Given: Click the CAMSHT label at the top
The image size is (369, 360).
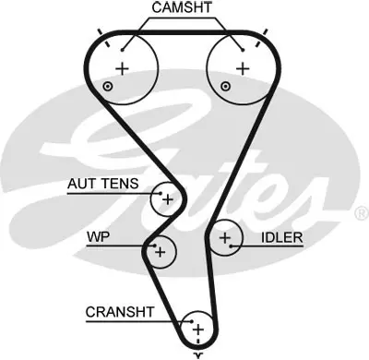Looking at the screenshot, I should [182, 8].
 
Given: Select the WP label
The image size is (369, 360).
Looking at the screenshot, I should [97, 236].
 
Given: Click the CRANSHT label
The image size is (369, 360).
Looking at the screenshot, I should [117, 311].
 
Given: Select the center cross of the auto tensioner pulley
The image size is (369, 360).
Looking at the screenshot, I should [167, 198].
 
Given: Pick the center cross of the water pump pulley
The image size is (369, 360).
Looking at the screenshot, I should [161, 250].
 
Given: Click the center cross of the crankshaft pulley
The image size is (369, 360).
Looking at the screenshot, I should [196, 329].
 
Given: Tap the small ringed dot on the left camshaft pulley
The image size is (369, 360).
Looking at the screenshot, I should [109, 87].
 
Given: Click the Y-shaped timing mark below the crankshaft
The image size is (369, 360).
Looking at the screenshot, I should [196, 354].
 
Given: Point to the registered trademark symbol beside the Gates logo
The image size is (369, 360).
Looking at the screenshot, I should [359, 212].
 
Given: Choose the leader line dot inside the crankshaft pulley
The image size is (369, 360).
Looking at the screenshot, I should [186, 320].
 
